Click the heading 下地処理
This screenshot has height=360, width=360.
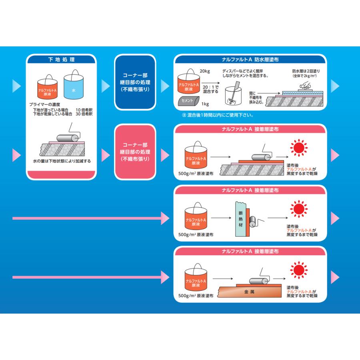tap(61, 60)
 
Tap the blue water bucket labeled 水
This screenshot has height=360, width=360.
tap(74, 87)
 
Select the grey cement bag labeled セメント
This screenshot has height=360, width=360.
tap(188, 101)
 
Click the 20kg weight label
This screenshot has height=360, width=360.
tap(204, 71)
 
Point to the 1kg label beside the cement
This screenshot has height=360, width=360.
tap(205, 104)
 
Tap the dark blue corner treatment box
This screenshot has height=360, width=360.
tap(135, 82)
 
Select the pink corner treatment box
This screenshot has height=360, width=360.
tap(135, 152)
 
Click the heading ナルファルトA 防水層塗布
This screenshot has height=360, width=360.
tap(250, 60)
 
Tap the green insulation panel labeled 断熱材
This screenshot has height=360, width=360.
tap(241, 219)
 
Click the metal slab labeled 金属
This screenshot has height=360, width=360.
tap(250, 292)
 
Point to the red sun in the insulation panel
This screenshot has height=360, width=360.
tap(299, 209)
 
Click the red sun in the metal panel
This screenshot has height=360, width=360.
tap(299, 270)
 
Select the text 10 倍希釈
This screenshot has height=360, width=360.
tap(84, 110)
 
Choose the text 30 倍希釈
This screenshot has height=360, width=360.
tap(84, 114)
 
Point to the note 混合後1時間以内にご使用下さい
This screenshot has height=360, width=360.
tap(218, 115)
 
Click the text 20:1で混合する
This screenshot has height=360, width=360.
tap(211, 89)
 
